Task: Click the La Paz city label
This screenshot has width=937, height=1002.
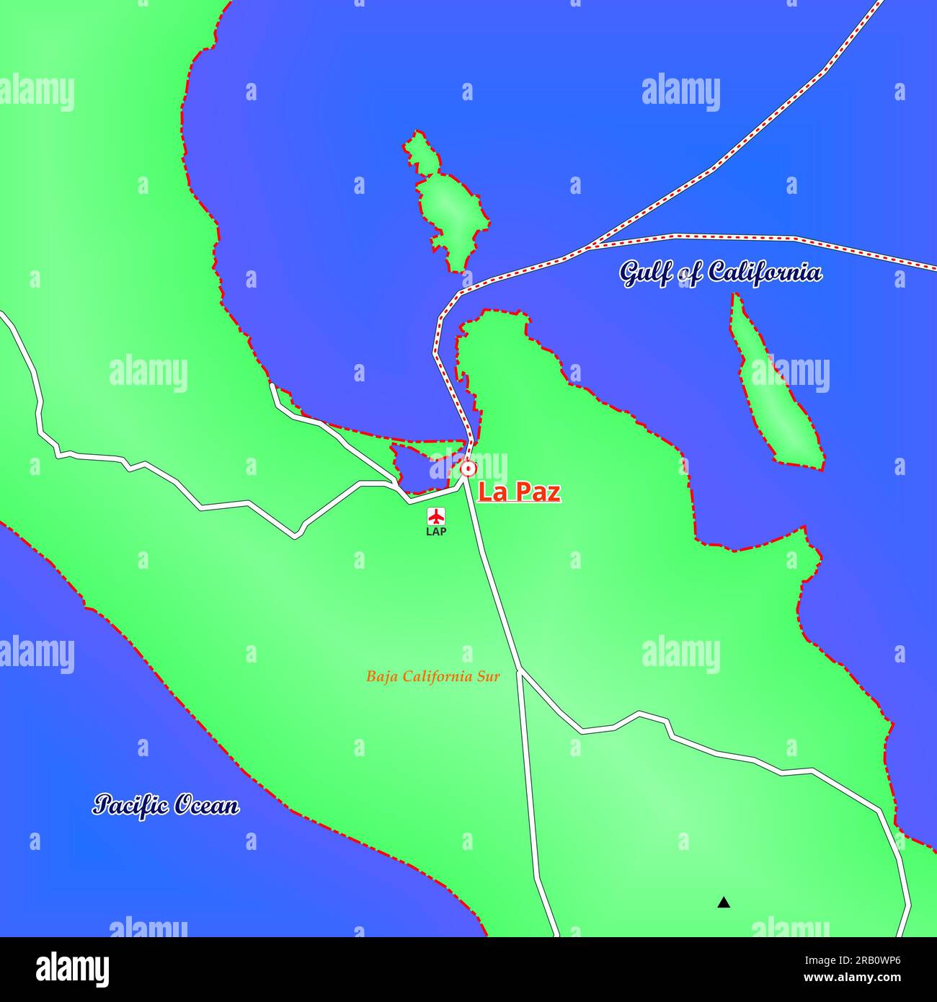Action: [520, 493]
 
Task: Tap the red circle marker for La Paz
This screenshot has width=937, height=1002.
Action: [468, 469]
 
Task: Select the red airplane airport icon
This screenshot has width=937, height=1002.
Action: [436, 516]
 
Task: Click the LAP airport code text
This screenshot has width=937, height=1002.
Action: [436, 532]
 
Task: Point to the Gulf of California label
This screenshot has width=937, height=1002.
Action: [720, 273]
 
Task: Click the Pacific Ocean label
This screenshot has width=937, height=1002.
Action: [166, 805]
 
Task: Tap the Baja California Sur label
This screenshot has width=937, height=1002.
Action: [432, 677]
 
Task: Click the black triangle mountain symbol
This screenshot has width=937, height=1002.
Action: [724, 902]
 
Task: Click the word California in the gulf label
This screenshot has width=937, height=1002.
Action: [764, 272]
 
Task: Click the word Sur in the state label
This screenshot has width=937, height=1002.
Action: [487, 677]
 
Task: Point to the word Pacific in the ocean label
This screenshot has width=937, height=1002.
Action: [130, 805]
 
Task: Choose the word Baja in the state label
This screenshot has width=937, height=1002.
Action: [382, 677]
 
